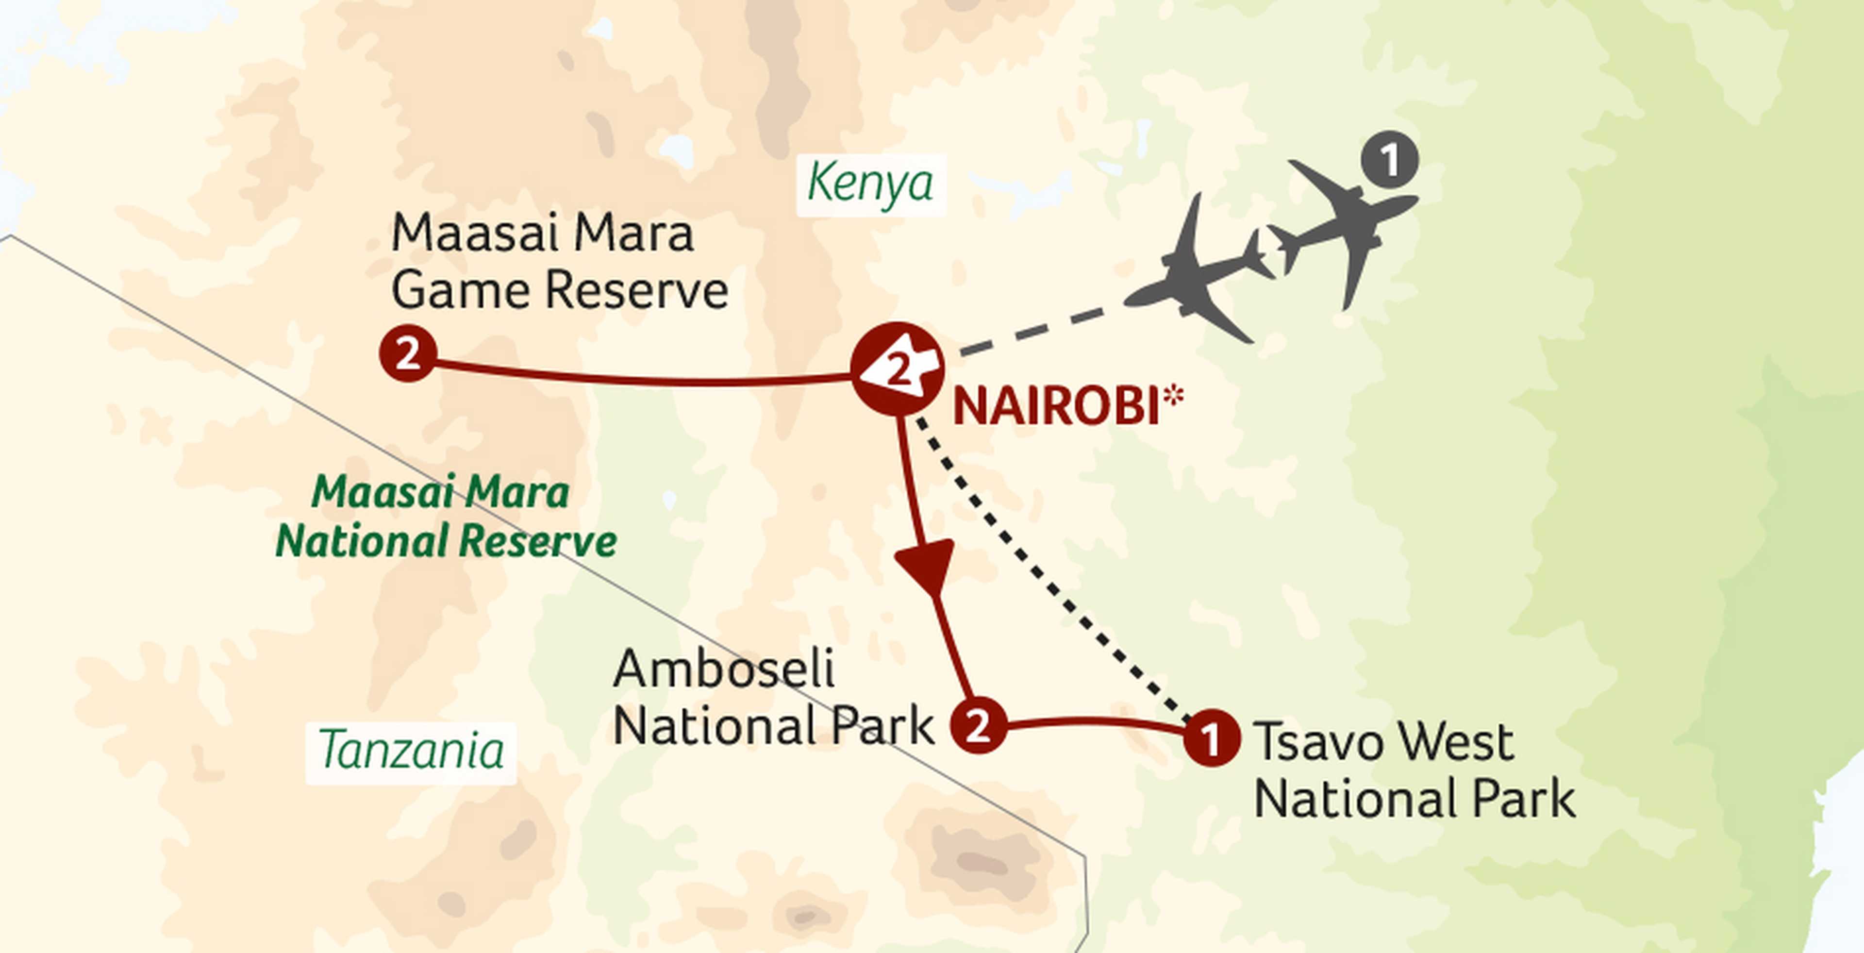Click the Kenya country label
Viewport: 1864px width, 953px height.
pos(870,184)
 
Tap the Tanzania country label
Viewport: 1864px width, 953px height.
pos(411,751)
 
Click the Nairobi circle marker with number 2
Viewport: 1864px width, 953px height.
pos(897,369)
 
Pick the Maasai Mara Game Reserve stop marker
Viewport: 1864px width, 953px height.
pos(407,354)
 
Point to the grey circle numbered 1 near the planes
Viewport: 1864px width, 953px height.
pos(1389,160)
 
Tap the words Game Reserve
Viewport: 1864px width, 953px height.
pos(559,291)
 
